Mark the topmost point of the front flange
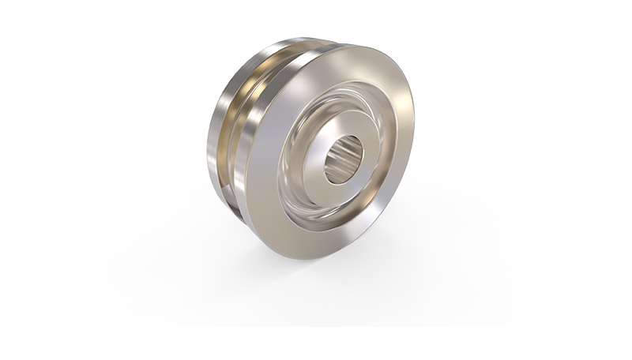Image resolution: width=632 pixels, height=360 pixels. coord(348,45)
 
